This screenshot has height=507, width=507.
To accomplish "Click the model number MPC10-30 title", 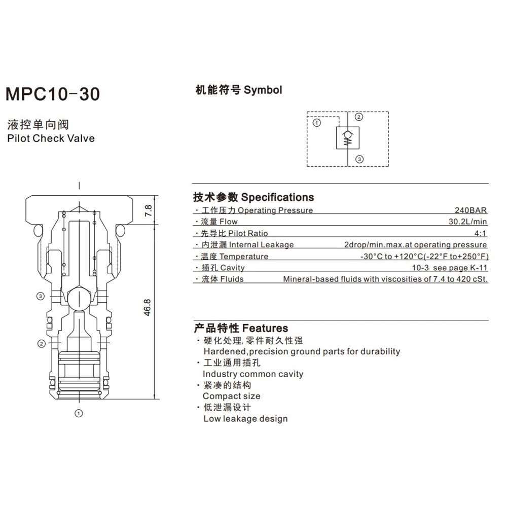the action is click(x=53, y=94).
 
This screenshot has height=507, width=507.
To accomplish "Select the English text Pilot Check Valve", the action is click(x=51, y=138).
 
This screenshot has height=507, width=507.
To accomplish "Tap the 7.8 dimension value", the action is click(x=148, y=210).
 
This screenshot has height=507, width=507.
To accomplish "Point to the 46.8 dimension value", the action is click(x=147, y=308).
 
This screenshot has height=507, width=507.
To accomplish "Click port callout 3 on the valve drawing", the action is click(x=41, y=296).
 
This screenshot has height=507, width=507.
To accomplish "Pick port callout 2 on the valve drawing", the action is click(x=42, y=343).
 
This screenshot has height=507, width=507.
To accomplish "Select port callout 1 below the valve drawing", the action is click(x=79, y=413).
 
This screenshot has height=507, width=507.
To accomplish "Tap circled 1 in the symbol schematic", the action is click(x=317, y=123).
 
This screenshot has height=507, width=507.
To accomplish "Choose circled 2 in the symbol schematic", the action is click(x=358, y=117).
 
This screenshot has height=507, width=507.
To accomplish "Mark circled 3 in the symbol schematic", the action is click(x=359, y=159).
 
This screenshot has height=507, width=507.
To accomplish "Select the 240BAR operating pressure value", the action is click(x=470, y=210).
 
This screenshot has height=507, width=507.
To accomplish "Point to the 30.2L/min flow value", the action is click(x=467, y=222).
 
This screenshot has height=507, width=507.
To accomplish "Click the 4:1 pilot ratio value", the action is click(x=481, y=233).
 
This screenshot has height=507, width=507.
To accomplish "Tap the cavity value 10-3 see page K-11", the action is click(x=449, y=268).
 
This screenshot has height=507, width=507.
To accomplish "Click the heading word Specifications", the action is click(x=278, y=197).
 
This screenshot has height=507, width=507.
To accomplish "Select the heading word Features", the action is click(x=265, y=328).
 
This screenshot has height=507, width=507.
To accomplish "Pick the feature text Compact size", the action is click(x=232, y=396).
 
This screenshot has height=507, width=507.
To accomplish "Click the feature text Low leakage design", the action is click(x=246, y=419).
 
